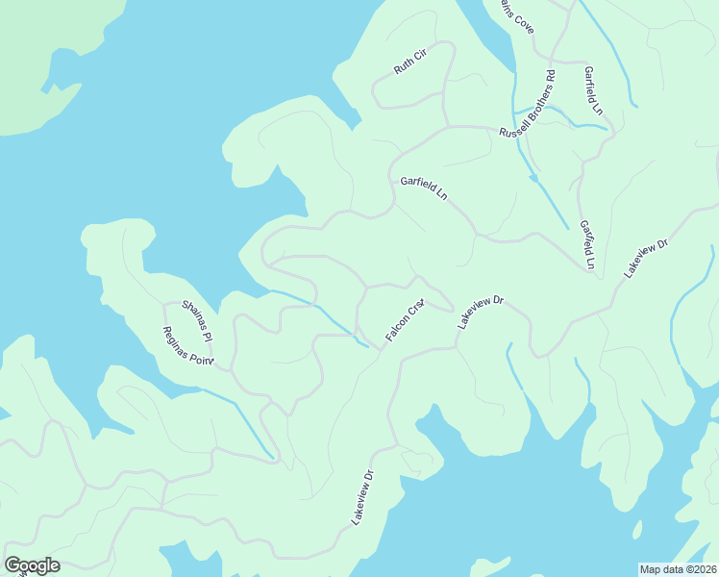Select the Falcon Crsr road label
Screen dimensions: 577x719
(405, 321)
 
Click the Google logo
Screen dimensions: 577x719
(32, 565)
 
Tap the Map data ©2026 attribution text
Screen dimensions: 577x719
(678, 569)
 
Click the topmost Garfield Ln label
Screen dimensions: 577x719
(592, 90)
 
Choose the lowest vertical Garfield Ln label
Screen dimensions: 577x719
(586, 244)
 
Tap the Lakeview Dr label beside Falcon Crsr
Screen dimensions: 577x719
(481, 314)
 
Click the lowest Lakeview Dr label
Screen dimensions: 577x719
(362, 497)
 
